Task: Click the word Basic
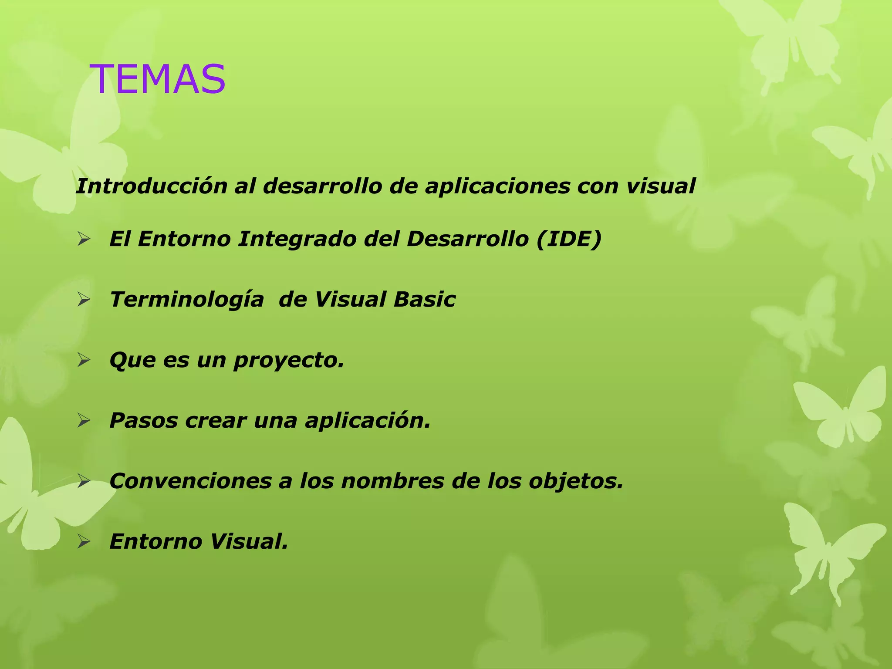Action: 424,300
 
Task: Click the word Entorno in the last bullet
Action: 155,542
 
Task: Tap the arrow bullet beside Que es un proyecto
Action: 83,361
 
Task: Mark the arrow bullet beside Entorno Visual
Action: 83,542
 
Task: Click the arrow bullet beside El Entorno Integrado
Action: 83,239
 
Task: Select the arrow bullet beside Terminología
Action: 83,300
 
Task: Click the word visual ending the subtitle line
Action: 661,186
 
